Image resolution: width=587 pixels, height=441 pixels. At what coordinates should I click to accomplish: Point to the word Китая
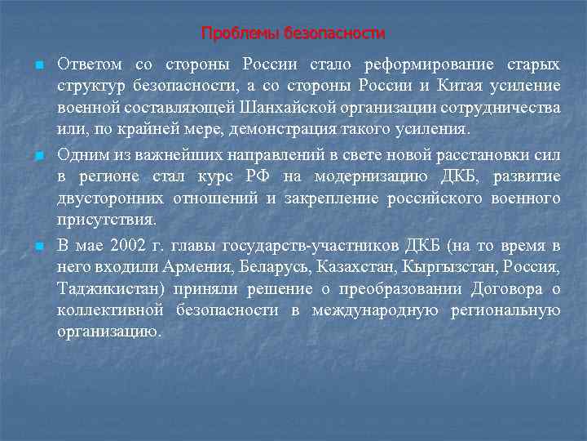pyautogui.click(x=458, y=86)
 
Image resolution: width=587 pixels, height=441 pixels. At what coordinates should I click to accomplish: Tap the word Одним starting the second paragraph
pyautogui.click(x=80, y=154)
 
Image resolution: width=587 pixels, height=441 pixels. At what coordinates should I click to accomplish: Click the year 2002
pyautogui.click(x=127, y=245)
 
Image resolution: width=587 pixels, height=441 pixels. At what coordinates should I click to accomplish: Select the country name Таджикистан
pyautogui.click(x=108, y=288)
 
